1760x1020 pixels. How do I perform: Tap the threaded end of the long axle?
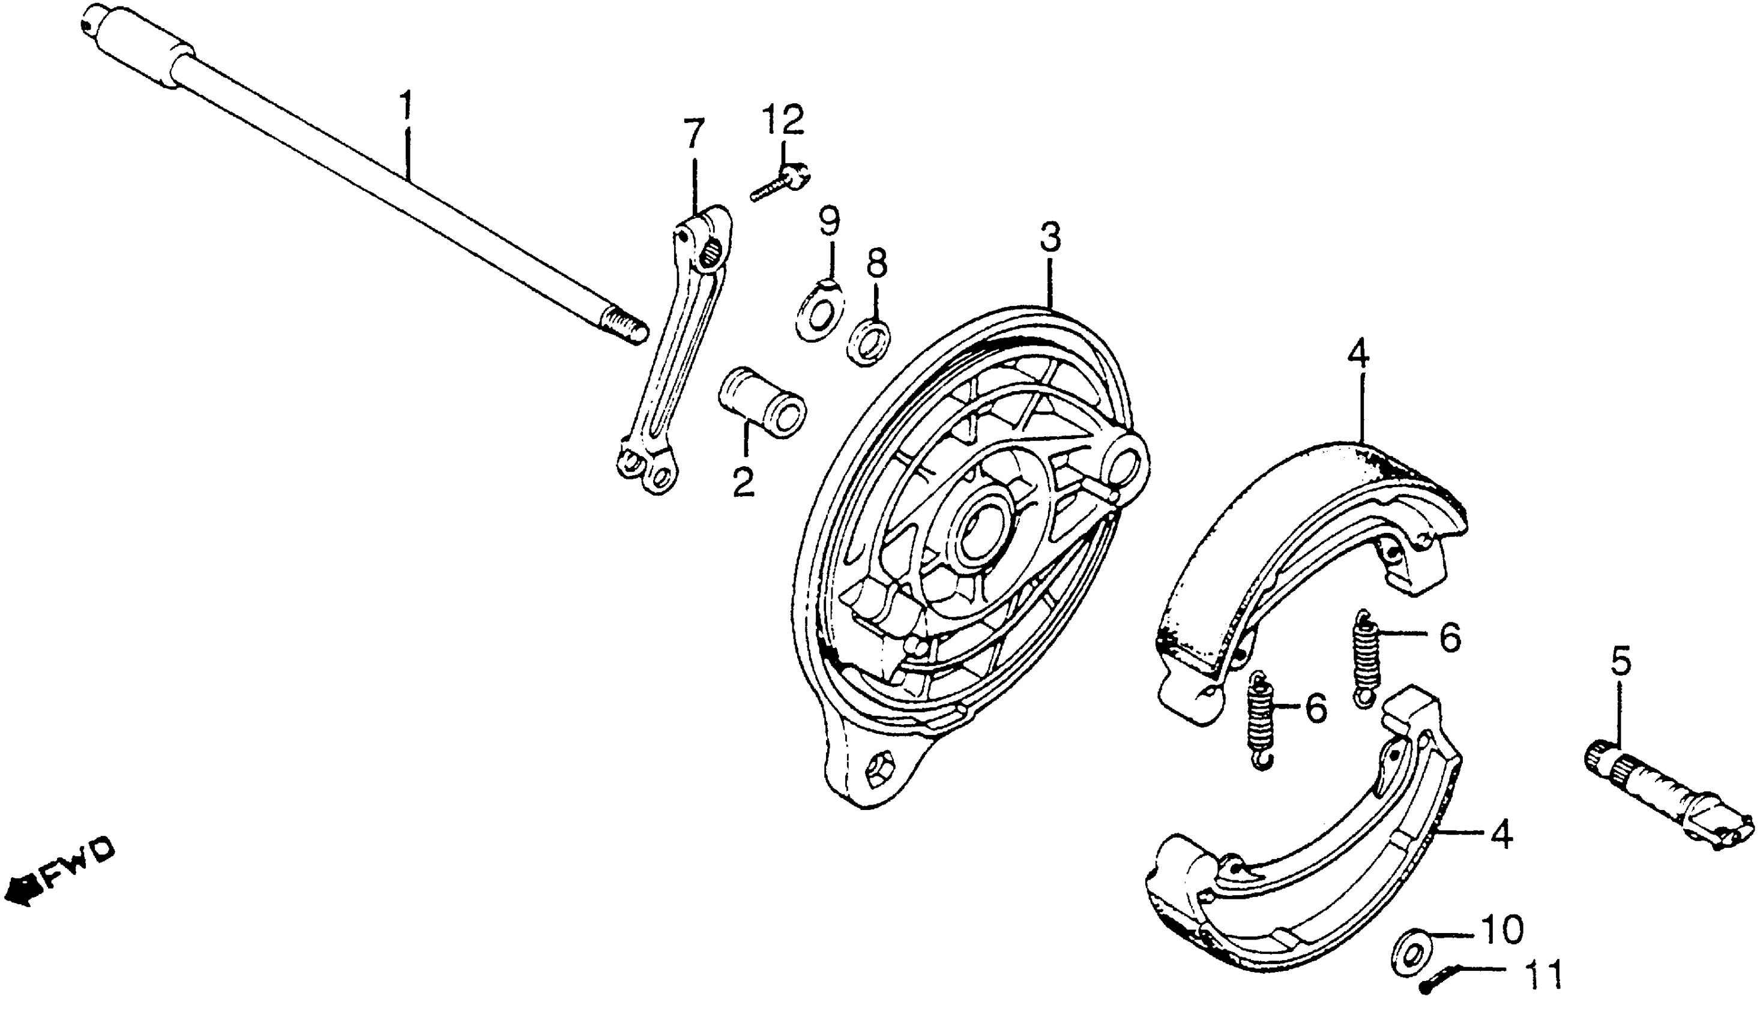[624, 327]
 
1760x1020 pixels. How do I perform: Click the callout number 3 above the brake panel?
[1050, 238]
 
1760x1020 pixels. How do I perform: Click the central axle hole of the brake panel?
[983, 534]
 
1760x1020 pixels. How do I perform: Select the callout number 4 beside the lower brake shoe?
[1500, 835]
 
